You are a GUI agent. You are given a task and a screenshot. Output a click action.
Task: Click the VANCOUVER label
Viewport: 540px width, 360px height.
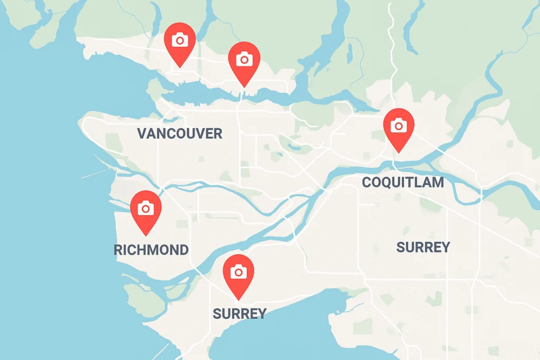pyautogui.click(x=179, y=134)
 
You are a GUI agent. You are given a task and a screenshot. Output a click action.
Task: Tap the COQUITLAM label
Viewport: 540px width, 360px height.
pyautogui.click(x=403, y=183)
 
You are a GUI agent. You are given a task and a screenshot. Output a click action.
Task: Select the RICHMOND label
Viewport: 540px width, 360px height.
pyautogui.click(x=151, y=250)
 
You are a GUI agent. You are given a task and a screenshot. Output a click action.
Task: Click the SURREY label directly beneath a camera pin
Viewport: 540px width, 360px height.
pyautogui.click(x=239, y=314)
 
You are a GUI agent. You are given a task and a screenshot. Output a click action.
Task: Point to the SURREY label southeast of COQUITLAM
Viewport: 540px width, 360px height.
pyautogui.click(x=423, y=247)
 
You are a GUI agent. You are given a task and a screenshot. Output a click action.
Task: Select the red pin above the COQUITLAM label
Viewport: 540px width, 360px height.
pyautogui.click(x=399, y=127)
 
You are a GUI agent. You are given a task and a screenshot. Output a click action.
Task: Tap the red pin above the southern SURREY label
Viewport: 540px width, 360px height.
pyautogui.click(x=238, y=273)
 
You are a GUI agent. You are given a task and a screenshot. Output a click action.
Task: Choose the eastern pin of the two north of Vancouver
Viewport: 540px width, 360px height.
pyautogui.click(x=244, y=60)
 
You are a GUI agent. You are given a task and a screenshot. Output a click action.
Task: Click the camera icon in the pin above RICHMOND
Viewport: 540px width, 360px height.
pyautogui.click(x=146, y=208)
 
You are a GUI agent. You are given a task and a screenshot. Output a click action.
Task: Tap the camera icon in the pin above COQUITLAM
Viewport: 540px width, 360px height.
pyautogui.click(x=399, y=125)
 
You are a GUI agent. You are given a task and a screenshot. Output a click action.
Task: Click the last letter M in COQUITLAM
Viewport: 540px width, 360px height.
pyautogui.click(x=437, y=183)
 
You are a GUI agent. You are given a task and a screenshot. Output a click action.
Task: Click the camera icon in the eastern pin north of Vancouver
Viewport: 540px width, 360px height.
pyautogui.click(x=244, y=59)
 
